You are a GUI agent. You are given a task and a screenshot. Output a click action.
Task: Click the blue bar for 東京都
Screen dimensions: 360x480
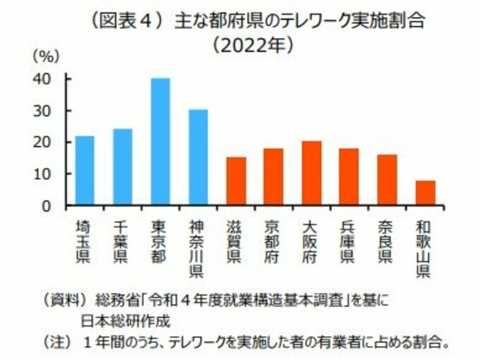(x=160, y=142)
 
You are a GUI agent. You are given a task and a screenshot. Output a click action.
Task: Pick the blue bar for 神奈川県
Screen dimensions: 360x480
(x=198, y=157)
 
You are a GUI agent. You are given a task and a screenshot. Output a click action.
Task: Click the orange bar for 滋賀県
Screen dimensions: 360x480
(x=236, y=181)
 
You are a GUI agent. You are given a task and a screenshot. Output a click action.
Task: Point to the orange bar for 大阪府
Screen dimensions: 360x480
(x=311, y=174)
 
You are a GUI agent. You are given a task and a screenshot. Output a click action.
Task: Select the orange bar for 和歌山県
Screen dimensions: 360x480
(x=425, y=193)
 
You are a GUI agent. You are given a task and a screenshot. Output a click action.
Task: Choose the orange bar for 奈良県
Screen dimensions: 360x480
(x=387, y=180)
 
